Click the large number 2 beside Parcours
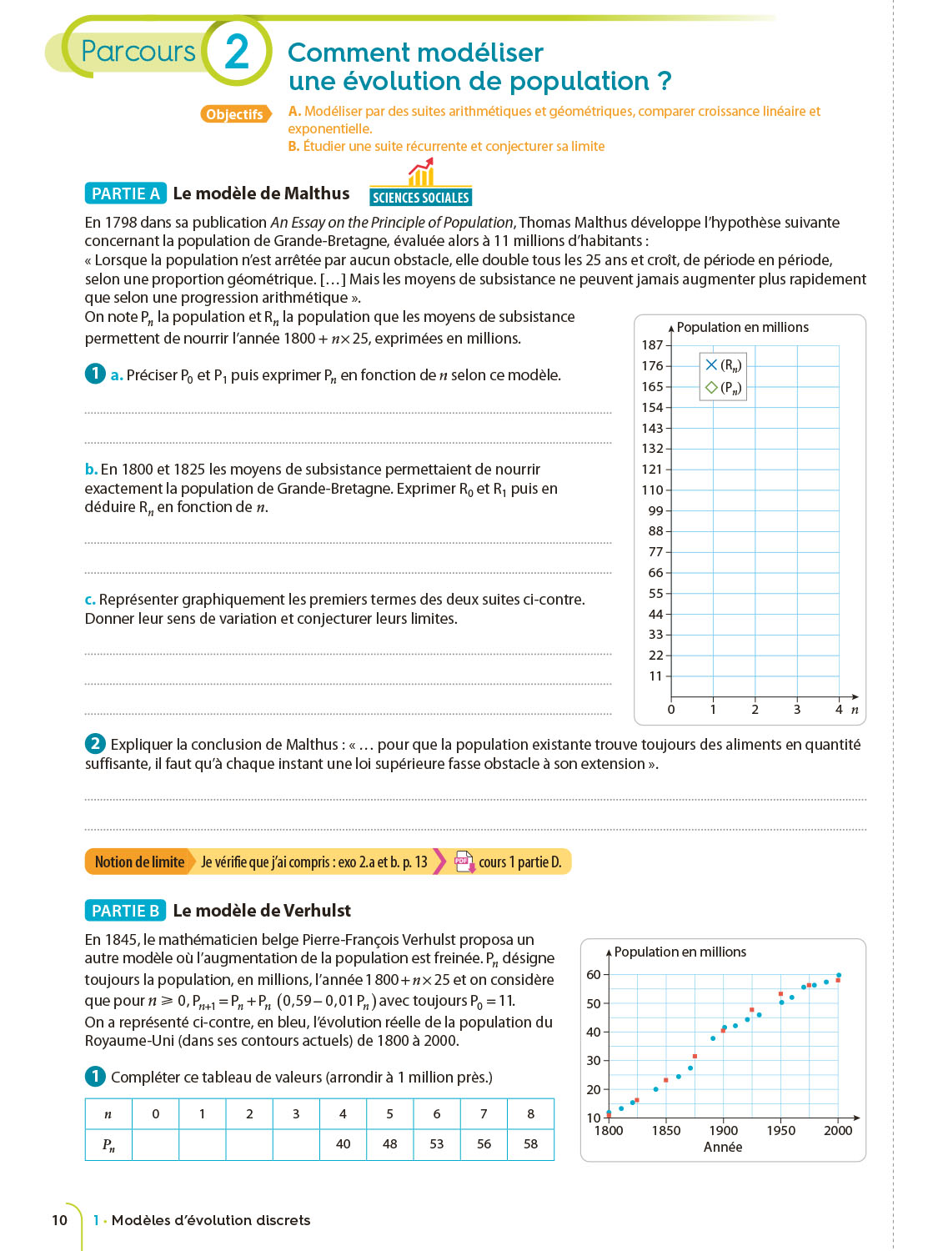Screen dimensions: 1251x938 click(237, 52)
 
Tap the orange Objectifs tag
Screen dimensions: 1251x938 click(235, 114)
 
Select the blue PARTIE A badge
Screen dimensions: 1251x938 click(125, 193)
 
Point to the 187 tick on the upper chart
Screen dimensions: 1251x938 click(652, 345)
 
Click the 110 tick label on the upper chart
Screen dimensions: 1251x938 click(652, 490)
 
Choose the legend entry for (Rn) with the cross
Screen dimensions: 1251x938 click(723, 365)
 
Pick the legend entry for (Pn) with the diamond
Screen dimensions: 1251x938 click(723, 388)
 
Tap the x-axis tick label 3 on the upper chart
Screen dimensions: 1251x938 click(797, 710)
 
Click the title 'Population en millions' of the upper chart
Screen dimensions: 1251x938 click(742, 328)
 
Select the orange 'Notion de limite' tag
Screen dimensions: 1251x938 click(139, 862)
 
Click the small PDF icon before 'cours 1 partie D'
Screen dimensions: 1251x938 click(464, 862)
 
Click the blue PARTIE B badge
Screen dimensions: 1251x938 click(125, 911)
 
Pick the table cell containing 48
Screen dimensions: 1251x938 click(389, 1144)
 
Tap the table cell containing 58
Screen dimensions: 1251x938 click(530, 1144)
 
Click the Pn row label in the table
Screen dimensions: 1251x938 click(108, 1144)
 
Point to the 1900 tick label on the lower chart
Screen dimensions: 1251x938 click(723, 1131)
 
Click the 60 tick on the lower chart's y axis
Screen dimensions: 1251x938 click(594, 975)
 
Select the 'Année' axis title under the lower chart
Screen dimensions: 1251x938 click(723, 1148)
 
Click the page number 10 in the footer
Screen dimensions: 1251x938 click(59, 1220)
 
